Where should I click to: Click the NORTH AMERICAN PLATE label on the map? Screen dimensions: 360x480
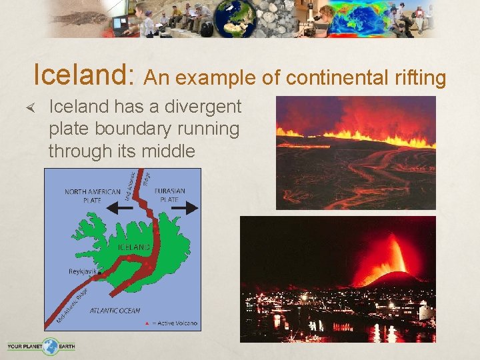click(x=92, y=195)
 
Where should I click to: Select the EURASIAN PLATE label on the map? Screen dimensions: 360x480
click(x=169, y=195)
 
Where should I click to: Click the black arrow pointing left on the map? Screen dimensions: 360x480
click(x=119, y=207)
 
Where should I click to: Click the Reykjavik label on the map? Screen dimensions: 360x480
click(x=83, y=271)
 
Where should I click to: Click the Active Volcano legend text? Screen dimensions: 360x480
click(x=177, y=323)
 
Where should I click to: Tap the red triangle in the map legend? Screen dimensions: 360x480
click(x=147, y=323)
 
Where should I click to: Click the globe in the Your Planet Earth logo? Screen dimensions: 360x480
click(x=51, y=346)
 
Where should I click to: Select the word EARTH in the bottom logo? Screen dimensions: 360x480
click(x=67, y=346)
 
